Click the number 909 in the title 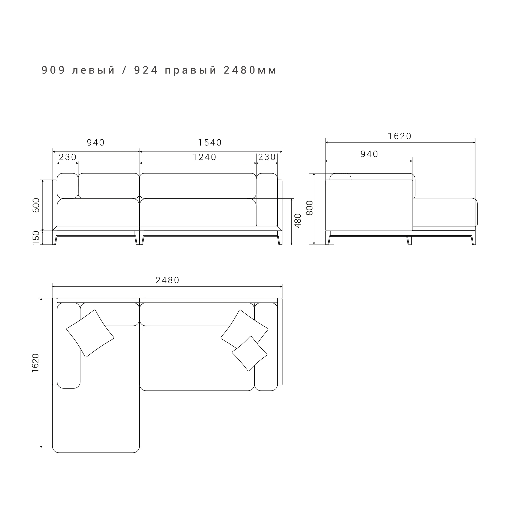(x=53, y=70)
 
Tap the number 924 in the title (x=146, y=70)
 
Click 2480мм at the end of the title (x=250, y=70)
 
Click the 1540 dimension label (x=210, y=142)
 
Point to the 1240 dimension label (x=204, y=157)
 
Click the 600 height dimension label (x=36, y=205)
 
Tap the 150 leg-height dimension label (x=36, y=238)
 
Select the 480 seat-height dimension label (x=298, y=221)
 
